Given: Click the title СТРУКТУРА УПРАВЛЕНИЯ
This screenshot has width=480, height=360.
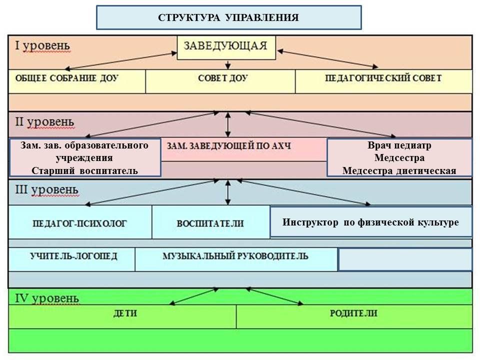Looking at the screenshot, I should click(x=228, y=18).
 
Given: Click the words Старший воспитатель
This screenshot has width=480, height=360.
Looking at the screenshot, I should click(x=84, y=170).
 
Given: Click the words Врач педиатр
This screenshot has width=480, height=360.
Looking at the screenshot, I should click(x=399, y=145).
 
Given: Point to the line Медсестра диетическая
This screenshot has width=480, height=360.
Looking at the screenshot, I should click(x=399, y=170).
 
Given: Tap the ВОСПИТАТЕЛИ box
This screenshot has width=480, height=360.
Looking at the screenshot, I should click(x=210, y=223).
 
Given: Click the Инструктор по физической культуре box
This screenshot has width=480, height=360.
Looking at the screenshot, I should click(x=370, y=222).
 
